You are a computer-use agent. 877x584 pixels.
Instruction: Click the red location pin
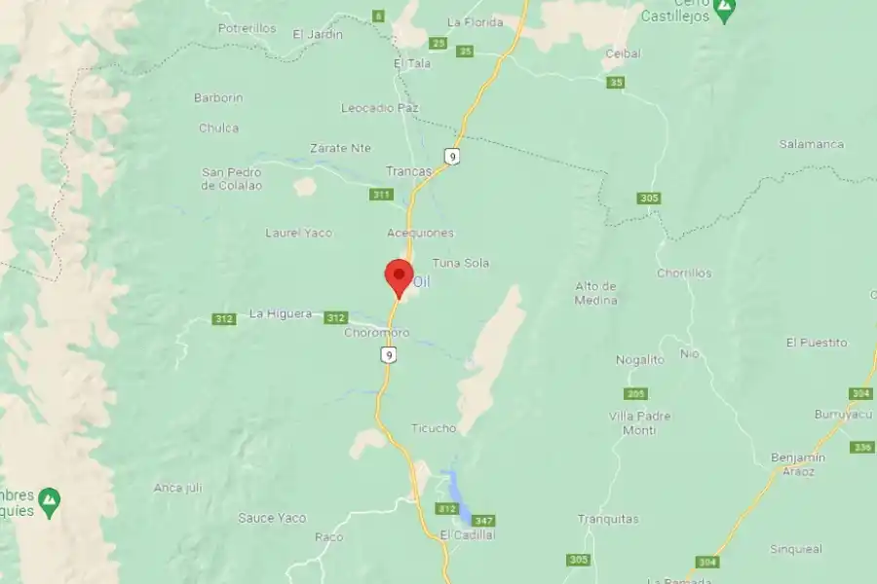tap(398, 276)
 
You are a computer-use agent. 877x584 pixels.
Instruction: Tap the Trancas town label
tap(409, 171)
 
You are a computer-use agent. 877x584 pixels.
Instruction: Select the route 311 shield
tap(381, 195)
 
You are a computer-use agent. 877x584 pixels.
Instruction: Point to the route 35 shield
tap(615, 83)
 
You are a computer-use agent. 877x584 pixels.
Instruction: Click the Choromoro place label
tap(377, 333)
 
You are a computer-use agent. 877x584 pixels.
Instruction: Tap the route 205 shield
tap(635, 393)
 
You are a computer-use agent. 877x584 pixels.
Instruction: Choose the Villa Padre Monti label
tap(639, 422)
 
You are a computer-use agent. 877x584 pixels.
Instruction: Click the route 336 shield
tap(860, 447)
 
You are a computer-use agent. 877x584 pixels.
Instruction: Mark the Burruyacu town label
tap(840, 414)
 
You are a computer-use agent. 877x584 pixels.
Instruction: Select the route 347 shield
tap(483, 522)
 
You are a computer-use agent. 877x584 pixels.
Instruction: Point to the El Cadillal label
tap(468, 535)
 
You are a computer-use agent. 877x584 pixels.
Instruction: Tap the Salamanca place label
tap(811, 144)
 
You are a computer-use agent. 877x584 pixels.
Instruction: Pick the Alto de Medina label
tap(596, 293)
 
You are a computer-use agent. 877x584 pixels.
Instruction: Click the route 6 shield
tap(378, 16)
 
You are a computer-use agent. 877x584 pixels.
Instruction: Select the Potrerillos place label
tap(248, 29)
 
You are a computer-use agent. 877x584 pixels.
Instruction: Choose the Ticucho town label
tap(434, 428)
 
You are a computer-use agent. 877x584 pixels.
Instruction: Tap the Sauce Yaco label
tap(272, 518)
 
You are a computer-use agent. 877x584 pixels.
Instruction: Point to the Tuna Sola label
tap(461, 263)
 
